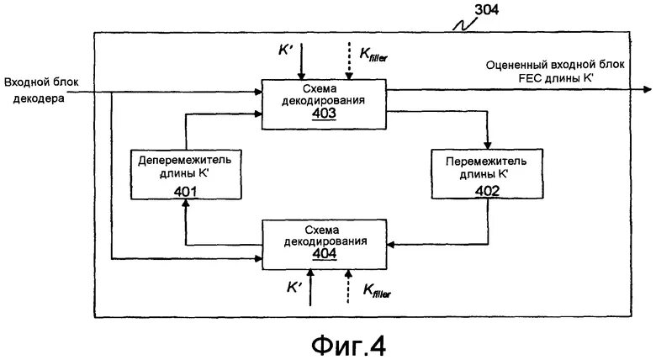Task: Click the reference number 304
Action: [488, 10]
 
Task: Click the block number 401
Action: [186, 190]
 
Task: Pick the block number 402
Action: [486, 190]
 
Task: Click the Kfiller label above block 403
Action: [373, 55]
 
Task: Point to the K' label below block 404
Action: [294, 287]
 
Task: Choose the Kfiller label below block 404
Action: [376, 290]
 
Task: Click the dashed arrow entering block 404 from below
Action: [347, 286]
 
